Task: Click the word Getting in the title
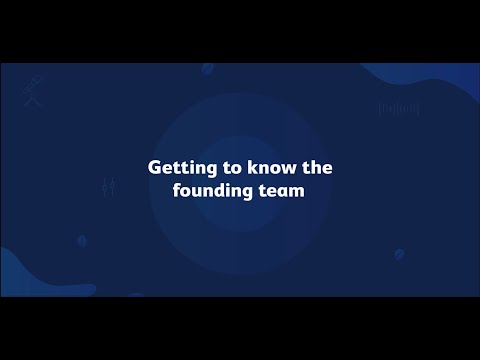pos(175,169)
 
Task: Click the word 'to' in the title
pos(219,169)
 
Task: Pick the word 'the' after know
pos(314,169)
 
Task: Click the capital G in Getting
pos(154,169)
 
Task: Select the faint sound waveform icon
pos(396,108)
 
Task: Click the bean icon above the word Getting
pos(208,69)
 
